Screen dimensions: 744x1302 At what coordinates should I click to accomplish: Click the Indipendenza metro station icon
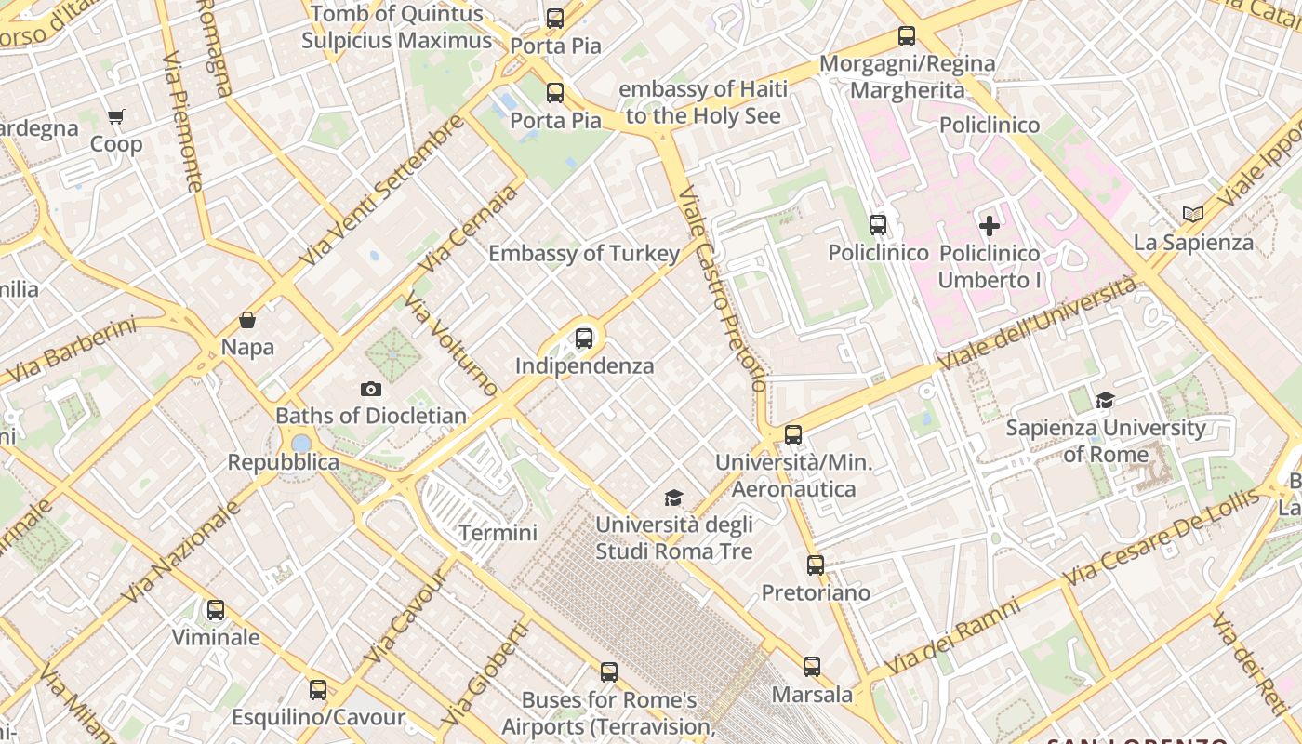(584, 339)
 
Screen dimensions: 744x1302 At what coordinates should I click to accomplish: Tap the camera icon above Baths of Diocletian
(371, 390)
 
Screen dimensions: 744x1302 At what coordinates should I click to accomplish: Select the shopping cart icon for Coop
(116, 117)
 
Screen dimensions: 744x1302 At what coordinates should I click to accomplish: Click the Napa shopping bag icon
(247, 321)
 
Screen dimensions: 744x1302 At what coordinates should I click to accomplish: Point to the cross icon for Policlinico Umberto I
(990, 225)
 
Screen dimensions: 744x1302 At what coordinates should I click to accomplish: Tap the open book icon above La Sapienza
(1193, 215)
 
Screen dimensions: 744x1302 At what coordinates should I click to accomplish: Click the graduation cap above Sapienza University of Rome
(1105, 401)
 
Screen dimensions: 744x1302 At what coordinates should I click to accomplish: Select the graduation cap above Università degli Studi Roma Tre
(673, 498)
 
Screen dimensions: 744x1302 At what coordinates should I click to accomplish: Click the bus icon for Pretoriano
(816, 565)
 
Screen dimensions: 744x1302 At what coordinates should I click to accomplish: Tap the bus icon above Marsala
(812, 667)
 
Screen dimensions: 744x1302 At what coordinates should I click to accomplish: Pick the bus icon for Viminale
(216, 610)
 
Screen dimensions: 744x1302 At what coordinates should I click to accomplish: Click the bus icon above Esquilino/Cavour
(318, 690)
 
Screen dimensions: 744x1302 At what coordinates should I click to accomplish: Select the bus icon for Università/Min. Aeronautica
(793, 435)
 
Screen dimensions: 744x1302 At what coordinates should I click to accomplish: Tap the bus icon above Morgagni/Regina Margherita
(907, 37)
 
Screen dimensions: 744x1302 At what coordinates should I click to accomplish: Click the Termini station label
(498, 533)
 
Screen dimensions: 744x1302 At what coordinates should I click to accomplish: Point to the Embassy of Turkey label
(584, 253)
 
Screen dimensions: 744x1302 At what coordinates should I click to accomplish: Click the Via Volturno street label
(450, 344)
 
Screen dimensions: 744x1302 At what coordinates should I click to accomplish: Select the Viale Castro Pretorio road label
(724, 288)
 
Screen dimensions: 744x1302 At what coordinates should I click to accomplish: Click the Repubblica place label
(284, 462)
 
